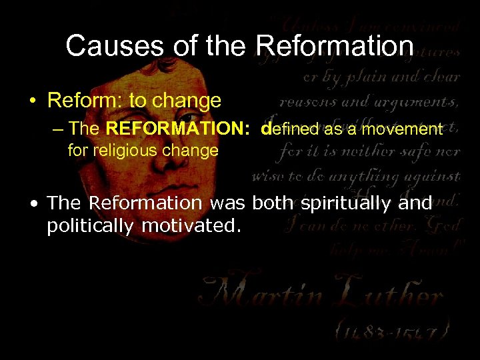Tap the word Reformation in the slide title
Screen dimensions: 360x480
335,46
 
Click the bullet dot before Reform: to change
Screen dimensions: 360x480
32,102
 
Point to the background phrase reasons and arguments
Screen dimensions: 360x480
369,101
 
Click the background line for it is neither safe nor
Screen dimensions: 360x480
370,151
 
